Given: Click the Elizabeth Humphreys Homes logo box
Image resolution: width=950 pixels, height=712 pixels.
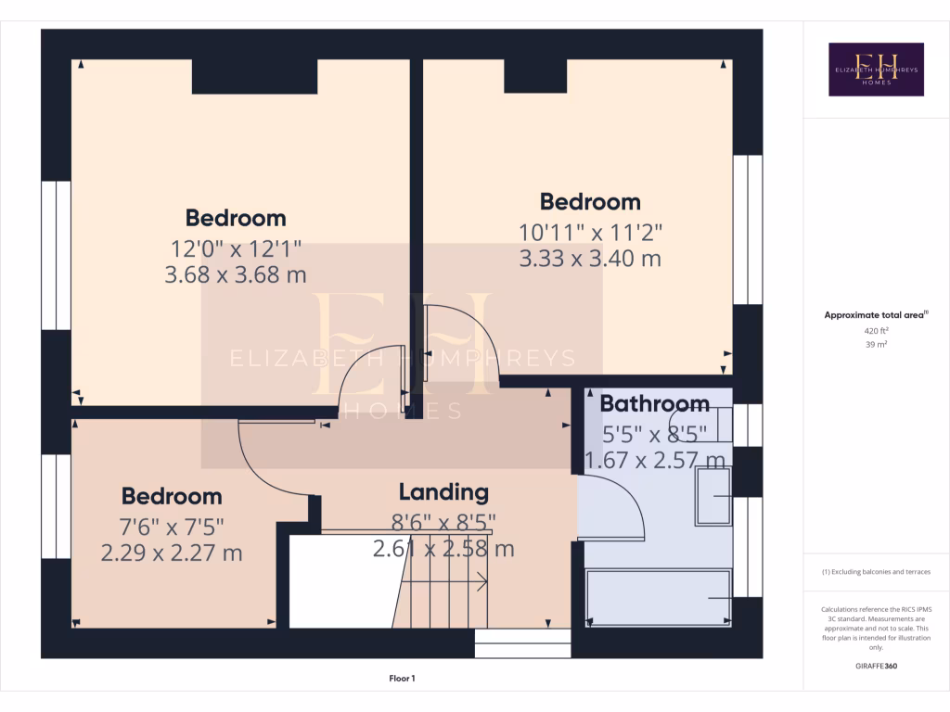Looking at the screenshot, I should coord(876,70).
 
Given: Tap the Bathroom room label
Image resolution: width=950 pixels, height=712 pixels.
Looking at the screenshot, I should coord(654,404).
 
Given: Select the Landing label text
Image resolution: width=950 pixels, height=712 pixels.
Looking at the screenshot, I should coord(443,492).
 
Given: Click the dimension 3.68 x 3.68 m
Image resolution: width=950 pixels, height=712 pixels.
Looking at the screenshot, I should coord(236,275).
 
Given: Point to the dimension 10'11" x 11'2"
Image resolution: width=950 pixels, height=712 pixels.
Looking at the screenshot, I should coord(590,232).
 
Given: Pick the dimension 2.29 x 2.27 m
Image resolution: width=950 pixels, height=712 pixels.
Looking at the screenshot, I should coord(172,553).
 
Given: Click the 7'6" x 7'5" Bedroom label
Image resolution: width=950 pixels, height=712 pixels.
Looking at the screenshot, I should coord(172,496).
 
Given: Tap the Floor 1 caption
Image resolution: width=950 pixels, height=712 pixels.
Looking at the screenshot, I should coord(402,679).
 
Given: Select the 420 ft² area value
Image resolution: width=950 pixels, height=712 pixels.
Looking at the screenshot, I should coord(876,330).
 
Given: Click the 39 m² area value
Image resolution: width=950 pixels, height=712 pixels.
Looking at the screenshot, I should coord(876,344).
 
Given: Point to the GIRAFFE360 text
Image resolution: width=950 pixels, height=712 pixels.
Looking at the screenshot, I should coord(876,666).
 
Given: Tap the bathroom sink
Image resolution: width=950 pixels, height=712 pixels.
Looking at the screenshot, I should coord(713,495).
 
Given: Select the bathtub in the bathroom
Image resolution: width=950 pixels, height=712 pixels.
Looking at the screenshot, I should coord(659,598).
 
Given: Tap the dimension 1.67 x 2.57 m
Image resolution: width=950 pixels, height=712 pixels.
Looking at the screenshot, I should coord(654,460).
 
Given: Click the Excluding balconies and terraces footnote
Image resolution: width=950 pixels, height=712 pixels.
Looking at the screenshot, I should coord(876,572).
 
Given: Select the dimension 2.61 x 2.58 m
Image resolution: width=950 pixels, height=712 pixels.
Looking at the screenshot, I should coord(443,549).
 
